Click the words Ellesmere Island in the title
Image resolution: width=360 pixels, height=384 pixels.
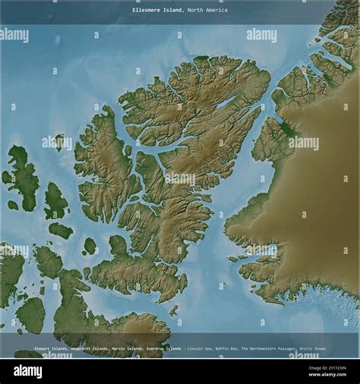157,11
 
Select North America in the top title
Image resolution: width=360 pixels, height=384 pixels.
207,11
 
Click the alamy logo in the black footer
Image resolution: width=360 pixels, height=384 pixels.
28,372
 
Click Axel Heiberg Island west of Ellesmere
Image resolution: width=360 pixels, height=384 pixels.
106,167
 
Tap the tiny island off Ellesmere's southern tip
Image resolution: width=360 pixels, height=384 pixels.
173,310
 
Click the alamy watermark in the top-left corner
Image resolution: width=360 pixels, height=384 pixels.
15,35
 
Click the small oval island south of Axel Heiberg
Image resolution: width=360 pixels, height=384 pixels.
90,246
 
